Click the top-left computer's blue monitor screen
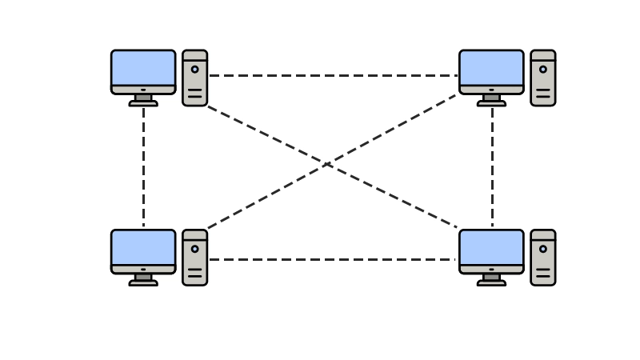[143, 67]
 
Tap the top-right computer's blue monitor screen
[491, 67]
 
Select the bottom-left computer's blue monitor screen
[143, 247]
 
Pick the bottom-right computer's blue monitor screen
[491, 247]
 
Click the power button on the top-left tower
[194, 70]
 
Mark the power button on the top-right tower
[542, 70]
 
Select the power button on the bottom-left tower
[194, 249]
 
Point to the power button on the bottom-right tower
[542, 249]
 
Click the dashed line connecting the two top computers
[332, 75]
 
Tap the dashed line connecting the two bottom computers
[332, 259]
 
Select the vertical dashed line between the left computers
[143, 168]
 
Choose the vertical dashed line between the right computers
[492, 168]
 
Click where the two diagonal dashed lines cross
[328, 164]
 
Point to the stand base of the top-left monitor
[143, 103]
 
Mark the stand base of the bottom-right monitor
[491, 283]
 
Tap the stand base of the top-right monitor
[491, 103]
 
